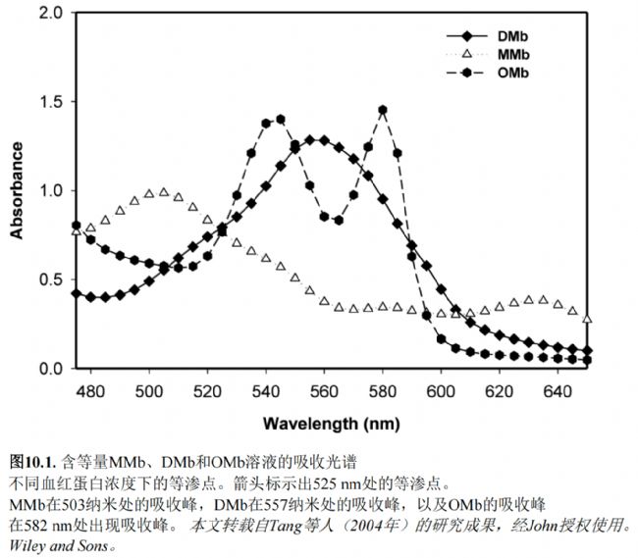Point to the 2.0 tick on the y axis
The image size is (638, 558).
(49, 14)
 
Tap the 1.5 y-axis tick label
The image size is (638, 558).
(49, 102)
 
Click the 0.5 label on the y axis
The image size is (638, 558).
(49, 279)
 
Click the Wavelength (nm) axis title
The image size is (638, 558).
(331, 425)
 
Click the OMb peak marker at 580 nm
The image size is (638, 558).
(382, 110)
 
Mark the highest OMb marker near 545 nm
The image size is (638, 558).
(280, 120)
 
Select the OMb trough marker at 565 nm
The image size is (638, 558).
(339, 220)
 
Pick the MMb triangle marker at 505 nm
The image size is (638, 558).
(163, 191)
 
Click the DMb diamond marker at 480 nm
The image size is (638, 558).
(90, 296)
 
